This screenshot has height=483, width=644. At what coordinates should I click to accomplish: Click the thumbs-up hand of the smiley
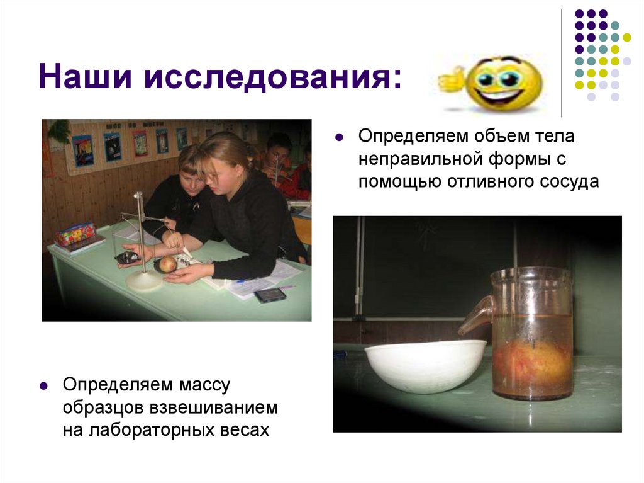tap(450, 81)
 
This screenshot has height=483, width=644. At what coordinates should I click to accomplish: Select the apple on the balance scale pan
tap(167, 264)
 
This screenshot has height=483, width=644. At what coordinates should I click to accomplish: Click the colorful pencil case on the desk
tap(75, 234)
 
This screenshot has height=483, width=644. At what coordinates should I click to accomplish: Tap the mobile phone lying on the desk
tap(270, 295)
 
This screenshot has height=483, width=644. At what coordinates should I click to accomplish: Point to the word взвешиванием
tap(213, 407)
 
